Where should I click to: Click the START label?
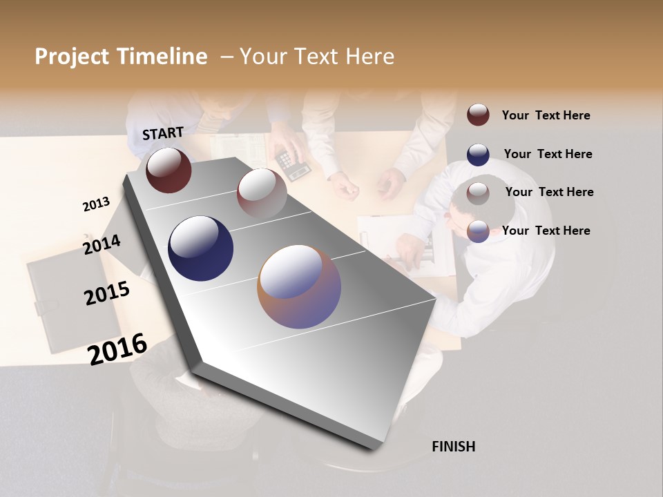click(x=163, y=133)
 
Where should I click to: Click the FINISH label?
click(x=453, y=447)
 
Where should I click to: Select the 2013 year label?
click(x=96, y=204)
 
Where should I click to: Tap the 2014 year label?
click(x=102, y=244)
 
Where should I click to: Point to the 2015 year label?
click(x=107, y=293)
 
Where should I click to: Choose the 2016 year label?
click(x=117, y=349)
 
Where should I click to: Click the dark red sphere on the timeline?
click(x=169, y=170)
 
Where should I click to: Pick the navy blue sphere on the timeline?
click(x=200, y=248)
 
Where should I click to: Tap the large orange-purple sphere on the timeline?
click(x=299, y=286)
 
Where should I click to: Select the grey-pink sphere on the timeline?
click(x=262, y=193)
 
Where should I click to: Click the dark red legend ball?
click(x=478, y=115)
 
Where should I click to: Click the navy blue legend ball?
click(x=478, y=154)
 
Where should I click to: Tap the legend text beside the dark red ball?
click(x=546, y=115)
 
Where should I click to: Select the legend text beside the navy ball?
click(x=548, y=154)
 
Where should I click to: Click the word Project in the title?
click(x=72, y=57)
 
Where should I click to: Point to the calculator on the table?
click(x=293, y=164)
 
